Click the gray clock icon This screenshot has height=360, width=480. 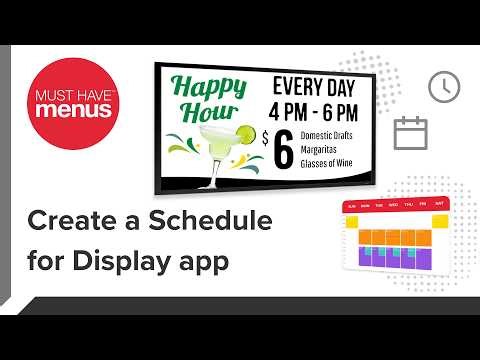(x=441, y=88)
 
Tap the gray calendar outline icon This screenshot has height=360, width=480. (x=410, y=132)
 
